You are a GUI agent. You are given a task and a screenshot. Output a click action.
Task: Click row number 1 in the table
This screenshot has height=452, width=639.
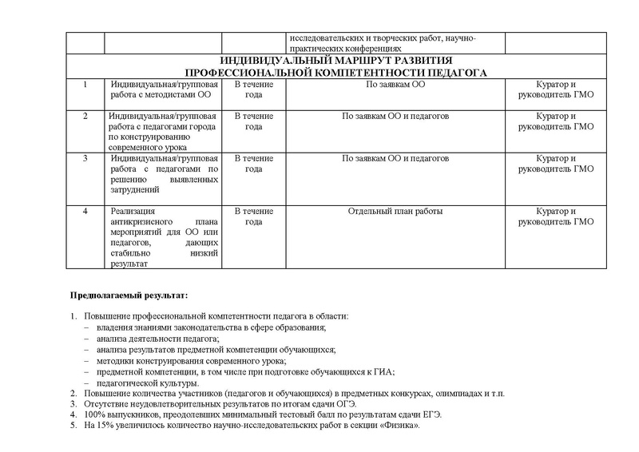point(85,84)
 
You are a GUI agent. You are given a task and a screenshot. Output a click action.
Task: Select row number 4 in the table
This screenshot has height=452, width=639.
point(85,212)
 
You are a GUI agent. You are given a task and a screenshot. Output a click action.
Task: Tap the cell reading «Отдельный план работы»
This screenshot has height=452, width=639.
point(395,212)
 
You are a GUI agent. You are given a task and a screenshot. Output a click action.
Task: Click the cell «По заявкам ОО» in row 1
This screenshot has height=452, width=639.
point(395,84)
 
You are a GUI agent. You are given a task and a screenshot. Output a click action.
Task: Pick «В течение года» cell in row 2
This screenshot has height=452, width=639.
point(253,121)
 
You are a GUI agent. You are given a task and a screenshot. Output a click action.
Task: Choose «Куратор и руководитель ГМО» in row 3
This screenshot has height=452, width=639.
point(557,164)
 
